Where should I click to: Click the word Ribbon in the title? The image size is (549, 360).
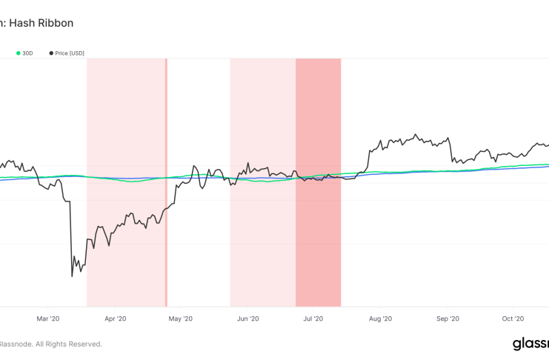56,23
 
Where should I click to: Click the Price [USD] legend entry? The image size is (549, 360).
70,53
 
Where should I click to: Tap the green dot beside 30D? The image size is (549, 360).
19,53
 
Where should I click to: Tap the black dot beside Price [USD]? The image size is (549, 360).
50,53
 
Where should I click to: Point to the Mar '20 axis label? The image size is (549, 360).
47,319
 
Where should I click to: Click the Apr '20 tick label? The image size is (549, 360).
115,319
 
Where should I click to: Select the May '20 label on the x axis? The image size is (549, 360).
181,319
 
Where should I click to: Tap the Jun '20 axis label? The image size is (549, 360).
247,319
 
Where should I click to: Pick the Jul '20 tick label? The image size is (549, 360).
313,319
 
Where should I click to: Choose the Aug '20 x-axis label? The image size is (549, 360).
380,319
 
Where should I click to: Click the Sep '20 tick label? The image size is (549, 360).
447,319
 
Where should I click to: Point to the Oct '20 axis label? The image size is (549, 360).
513,319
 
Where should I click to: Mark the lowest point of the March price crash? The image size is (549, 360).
72,276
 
